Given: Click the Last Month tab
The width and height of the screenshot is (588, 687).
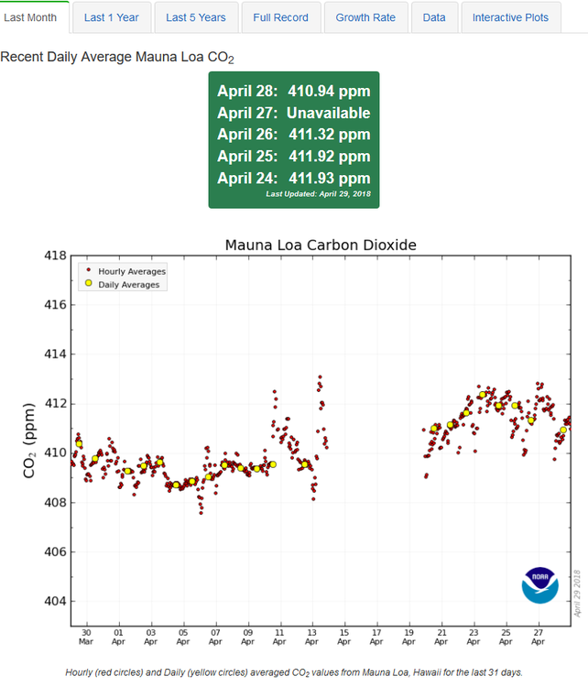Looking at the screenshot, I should click(34, 17).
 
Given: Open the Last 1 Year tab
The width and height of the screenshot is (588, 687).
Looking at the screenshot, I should click(112, 17).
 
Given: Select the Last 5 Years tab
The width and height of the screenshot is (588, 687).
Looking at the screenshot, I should click(196, 17).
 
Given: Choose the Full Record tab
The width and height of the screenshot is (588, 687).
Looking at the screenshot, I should click(281, 17).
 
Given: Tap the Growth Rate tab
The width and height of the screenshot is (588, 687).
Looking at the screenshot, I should click(365, 17).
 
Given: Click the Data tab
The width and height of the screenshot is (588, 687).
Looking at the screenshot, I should click(434, 17).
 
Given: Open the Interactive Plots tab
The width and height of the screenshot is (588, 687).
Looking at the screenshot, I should click(511, 17).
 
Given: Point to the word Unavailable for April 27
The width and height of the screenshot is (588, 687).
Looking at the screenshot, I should click(328, 113).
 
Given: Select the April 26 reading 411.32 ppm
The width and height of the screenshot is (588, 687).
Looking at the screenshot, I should click(330, 135).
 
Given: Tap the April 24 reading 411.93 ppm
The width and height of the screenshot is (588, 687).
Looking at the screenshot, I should click(330, 178).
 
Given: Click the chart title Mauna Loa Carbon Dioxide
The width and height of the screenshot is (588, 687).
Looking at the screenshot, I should click(321, 245).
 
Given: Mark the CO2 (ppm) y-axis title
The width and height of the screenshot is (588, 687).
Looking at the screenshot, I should click(29, 440).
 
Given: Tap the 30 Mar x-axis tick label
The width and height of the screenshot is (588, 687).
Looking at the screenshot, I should click(86, 638).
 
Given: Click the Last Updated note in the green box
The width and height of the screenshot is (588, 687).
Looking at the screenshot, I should click(317, 194).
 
